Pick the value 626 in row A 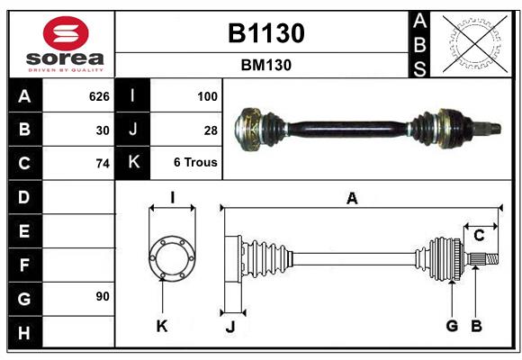coord(98,96)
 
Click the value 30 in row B coord(102,130)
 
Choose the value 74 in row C coord(102,164)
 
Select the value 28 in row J coord(211,130)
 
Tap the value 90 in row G coord(102,297)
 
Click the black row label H coord(24,333)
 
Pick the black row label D coord(24,197)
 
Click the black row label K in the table coord(133,164)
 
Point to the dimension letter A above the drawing coord(352,199)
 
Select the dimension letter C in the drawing coord(479,236)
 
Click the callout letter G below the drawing coord(452,326)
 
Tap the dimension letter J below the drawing coord(229,328)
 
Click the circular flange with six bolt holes coord(171,258)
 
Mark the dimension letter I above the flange coord(171,197)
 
